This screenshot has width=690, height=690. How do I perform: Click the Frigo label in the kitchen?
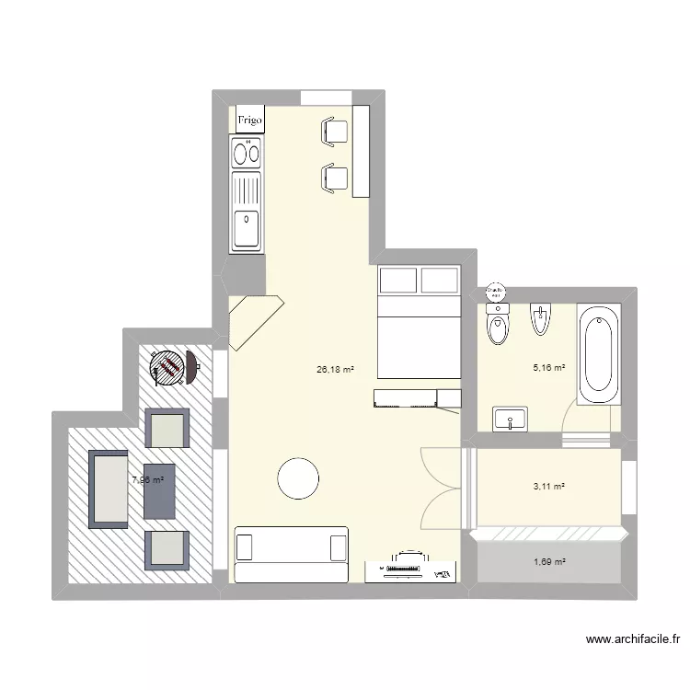(x=249, y=121)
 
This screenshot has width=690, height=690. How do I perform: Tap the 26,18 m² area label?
(x=335, y=370)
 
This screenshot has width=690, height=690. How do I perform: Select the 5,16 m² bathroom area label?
(x=549, y=368)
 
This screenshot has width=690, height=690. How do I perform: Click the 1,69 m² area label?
(x=549, y=562)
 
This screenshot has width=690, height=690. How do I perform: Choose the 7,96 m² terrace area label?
(x=147, y=479)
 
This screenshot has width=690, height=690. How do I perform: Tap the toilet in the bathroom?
(x=498, y=327)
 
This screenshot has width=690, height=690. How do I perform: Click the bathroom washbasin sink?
(x=510, y=420)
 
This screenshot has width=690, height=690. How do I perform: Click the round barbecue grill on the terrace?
(x=169, y=368)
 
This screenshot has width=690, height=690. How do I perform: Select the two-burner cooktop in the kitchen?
(x=247, y=153)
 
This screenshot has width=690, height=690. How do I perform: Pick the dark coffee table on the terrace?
(x=160, y=491)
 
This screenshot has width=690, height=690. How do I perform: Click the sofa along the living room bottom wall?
(x=291, y=553)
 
